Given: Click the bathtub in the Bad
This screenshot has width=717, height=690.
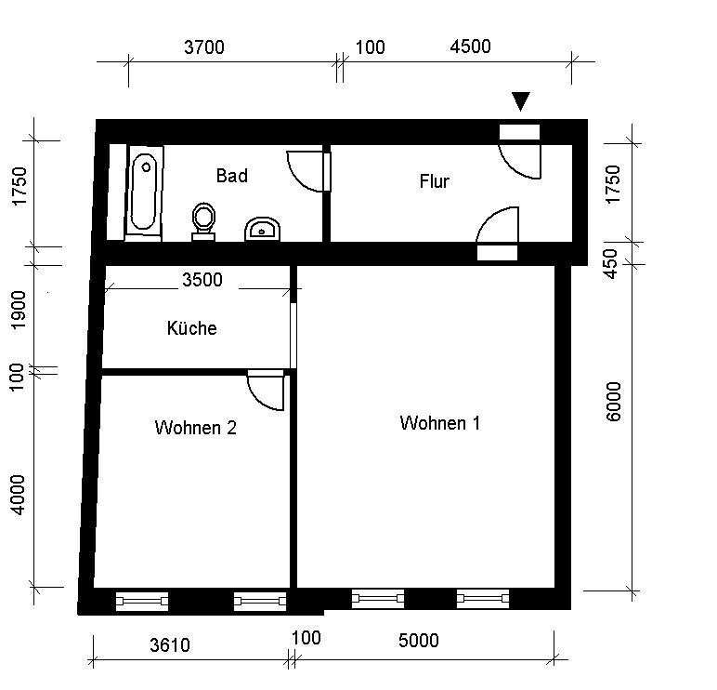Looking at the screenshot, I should [143, 192].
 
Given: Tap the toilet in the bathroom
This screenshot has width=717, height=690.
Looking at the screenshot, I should [203, 221].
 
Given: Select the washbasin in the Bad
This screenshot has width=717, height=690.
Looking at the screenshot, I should [263, 228].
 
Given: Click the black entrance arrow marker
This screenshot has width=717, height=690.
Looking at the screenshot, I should [521, 101].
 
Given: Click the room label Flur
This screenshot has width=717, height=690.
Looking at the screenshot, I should [434, 181].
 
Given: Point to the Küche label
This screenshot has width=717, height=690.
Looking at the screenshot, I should [192, 328].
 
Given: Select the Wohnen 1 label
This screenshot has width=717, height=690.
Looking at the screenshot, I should [439, 423].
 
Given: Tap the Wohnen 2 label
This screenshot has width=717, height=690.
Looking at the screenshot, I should [195, 428].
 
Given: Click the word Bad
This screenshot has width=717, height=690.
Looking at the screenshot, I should [231, 175].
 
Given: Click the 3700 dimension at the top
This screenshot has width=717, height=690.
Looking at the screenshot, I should [203, 48].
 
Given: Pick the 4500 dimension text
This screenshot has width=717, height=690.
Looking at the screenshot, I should [470, 47].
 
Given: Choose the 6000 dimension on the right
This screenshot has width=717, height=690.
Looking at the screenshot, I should [614, 401].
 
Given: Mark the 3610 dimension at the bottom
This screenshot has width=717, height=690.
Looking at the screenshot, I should [169, 645].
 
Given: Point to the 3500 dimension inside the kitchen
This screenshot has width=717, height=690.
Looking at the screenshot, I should [202, 280].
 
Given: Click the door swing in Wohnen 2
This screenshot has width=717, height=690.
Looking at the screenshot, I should [267, 391].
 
